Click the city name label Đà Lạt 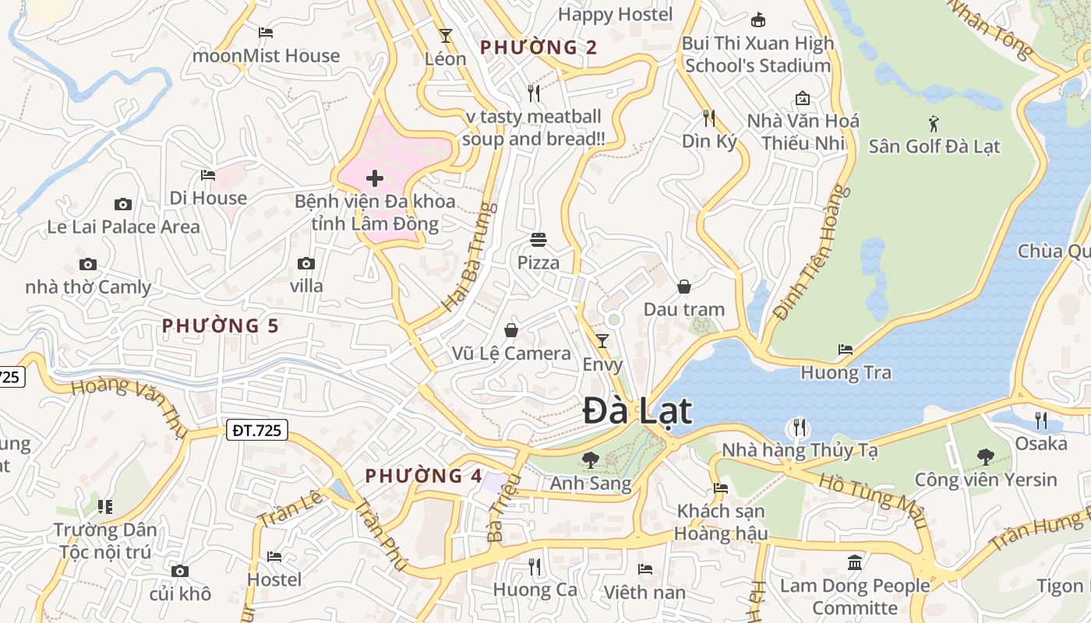(x=637, y=410)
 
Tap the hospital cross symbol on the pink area (x=375, y=178)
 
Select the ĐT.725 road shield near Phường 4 (x=257, y=430)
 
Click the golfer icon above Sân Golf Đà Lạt (x=934, y=124)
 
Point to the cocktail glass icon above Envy (x=602, y=341)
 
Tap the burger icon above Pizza (x=538, y=239)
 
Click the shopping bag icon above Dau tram (x=684, y=287)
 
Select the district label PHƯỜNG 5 (x=220, y=326)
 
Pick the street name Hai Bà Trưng (x=469, y=257)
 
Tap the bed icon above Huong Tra (x=846, y=350)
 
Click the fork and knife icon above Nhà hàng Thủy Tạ (x=799, y=428)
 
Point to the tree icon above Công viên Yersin (x=986, y=456)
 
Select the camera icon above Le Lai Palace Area (x=123, y=204)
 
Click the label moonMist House (x=266, y=56)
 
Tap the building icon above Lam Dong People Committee (x=855, y=562)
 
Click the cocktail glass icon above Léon (x=445, y=36)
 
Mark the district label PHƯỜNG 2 (x=538, y=48)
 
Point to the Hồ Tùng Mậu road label (x=873, y=498)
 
